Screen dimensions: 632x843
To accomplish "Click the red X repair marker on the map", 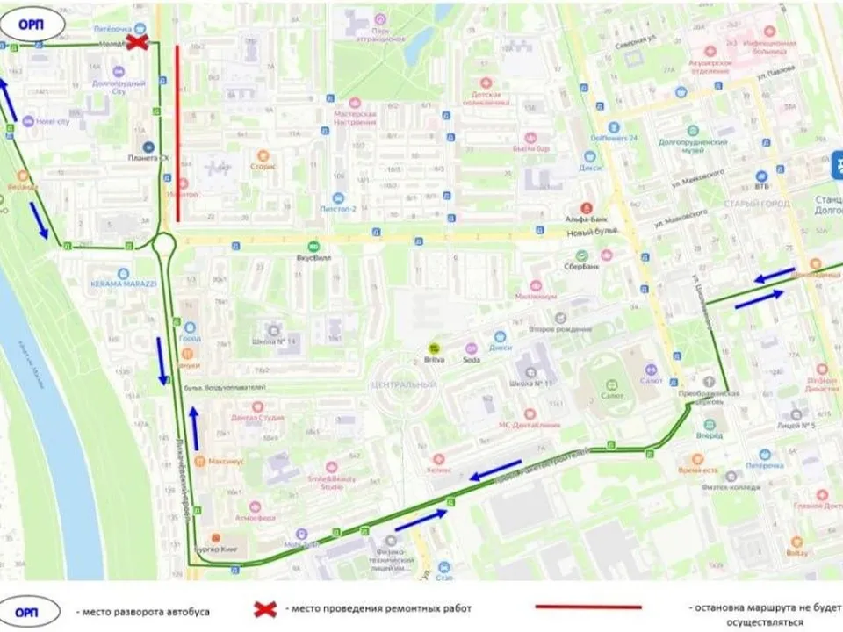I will (x=137, y=42).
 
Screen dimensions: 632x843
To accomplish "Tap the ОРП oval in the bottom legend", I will (x=29, y=608).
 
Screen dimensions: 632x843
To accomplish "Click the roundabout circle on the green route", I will (x=163, y=244).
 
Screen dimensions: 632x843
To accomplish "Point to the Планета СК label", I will (x=148, y=158).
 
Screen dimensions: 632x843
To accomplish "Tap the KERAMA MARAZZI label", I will (x=123, y=284).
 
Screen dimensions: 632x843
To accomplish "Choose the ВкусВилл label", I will (x=313, y=259).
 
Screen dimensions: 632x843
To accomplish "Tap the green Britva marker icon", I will (x=433, y=348).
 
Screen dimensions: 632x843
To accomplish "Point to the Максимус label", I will (x=225, y=460).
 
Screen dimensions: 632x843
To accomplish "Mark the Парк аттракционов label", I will (x=380, y=34).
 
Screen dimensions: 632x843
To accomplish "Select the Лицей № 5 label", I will (x=797, y=425).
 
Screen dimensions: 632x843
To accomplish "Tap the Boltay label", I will (x=796, y=554).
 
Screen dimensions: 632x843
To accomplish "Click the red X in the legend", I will (x=265, y=607).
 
